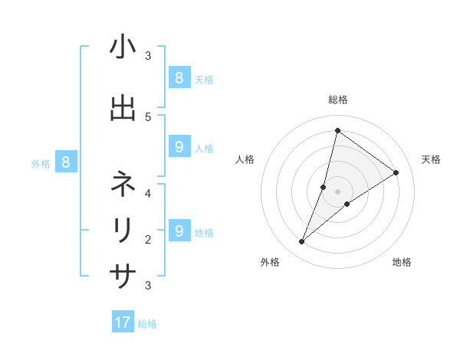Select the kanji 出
click(x=123, y=107)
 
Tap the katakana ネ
click(x=123, y=184)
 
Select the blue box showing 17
click(x=123, y=322)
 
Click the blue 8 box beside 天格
click(x=179, y=77)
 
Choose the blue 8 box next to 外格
click(x=66, y=162)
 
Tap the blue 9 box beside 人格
click(x=179, y=147)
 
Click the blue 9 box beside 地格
click(x=179, y=231)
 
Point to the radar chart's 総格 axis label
click(x=337, y=100)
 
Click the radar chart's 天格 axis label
click(x=431, y=159)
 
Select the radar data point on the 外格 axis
click(x=302, y=242)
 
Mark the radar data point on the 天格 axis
click(x=396, y=172)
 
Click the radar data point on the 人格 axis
click(x=324, y=187)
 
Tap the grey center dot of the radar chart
click(x=337, y=191)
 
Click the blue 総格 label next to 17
click(x=147, y=324)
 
